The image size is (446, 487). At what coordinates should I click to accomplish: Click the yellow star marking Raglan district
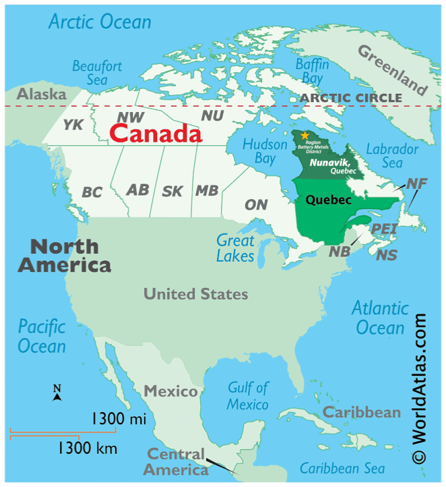coord(305,136)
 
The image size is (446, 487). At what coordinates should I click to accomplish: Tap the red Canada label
coord(156,134)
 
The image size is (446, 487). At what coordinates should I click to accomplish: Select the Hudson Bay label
coord(259,151)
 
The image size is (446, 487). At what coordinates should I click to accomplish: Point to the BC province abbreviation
coord(92,193)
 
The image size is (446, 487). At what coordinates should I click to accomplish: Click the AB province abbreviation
coord(137,190)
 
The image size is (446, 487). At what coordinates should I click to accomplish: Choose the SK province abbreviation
coord(172,192)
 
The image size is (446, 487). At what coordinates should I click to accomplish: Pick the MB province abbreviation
coord(207,191)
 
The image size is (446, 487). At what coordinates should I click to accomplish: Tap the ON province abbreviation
coord(256,204)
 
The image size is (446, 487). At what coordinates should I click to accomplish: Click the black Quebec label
coord(329,200)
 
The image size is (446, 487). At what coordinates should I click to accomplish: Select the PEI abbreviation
coord(385,229)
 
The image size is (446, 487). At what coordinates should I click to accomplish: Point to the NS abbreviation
coord(387,255)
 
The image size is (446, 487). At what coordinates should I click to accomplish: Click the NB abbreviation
coord(340,252)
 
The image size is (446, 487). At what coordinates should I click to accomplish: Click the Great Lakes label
coord(235,248)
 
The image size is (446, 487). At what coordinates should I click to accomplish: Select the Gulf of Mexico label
coord(248,396)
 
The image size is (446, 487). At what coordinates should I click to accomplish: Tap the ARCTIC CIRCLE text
coord(351,98)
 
